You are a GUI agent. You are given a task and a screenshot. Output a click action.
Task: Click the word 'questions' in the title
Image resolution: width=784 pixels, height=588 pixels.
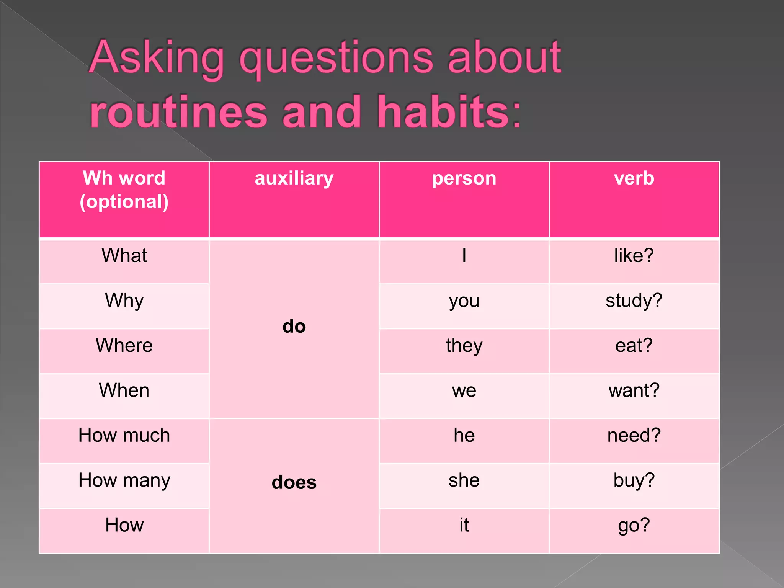pyautogui.click(x=336, y=59)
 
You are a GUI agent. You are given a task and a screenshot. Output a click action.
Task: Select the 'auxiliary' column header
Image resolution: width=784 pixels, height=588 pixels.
pyautogui.click(x=294, y=178)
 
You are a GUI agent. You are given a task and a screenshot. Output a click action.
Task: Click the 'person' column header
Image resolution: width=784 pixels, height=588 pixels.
pyautogui.click(x=464, y=178)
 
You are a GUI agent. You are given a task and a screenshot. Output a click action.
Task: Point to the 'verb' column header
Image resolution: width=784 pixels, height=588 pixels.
pyautogui.click(x=634, y=178)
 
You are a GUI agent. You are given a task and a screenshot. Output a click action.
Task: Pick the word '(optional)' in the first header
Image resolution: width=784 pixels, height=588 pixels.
pyautogui.click(x=124, y=202)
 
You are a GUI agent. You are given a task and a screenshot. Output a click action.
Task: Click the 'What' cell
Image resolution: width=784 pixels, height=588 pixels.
pyautogui.click(x=124, y=255)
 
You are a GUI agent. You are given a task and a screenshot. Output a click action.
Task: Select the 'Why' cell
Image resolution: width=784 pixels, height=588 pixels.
pyautogui.click(x=124, y=301)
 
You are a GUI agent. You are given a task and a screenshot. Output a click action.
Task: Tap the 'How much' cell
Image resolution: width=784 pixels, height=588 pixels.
pyautogui.click(x=124, y=435)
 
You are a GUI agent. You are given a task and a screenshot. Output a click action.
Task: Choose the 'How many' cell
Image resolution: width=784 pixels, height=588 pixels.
pyautogui.click(x=124, y=480)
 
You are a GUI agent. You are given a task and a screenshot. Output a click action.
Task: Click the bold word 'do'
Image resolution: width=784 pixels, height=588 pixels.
pyautogui.click(x=294, y=327)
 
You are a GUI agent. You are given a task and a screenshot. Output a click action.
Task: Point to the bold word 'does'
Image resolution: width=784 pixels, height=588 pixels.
pyautogui.click(x=294, y=482)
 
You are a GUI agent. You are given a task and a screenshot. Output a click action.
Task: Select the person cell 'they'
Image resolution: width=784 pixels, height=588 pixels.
pyautogui.click(x=464, y=346)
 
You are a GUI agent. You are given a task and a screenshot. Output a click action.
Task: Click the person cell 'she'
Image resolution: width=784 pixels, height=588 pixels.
pyautogui.click(x=464, y=480)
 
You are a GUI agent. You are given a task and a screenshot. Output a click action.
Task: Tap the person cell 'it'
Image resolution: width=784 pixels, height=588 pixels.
pyautogui.click(x=464, y=525)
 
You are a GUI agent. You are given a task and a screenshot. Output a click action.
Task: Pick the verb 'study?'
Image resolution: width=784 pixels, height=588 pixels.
pyautogui.click(x=634, y=301)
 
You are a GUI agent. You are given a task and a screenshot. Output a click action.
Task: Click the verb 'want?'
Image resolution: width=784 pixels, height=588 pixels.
pyautogui.click(x=634, y=390)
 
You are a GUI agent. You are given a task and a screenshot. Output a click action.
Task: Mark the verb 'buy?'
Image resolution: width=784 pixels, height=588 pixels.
pyautogui.click(x=634, y=480)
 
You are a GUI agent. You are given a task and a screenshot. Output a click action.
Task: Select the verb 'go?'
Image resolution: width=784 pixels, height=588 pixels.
pyautogui.click(x=634, y=525)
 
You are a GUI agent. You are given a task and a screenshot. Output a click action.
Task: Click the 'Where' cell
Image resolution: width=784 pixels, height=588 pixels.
pyautogui.click(x=124, y=345)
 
